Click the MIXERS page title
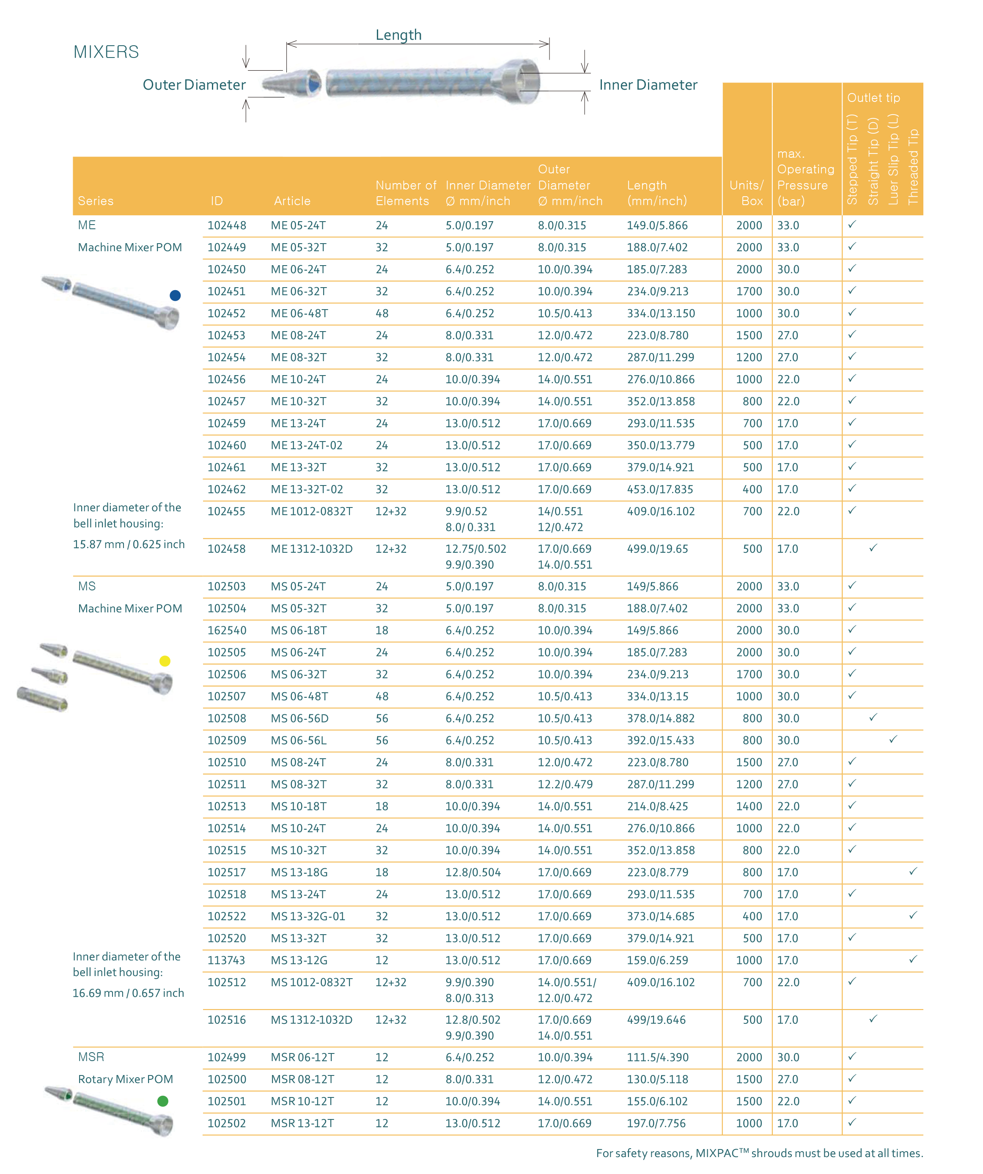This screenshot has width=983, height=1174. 106,52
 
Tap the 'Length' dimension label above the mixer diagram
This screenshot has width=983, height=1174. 398,35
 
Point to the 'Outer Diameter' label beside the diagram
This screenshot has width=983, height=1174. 194,85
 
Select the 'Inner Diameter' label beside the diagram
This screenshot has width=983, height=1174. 648,85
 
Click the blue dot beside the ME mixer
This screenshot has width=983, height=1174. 175,295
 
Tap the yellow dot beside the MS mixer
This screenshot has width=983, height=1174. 165,661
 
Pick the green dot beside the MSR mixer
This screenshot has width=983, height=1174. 163,1101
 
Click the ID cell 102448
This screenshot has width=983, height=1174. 226,225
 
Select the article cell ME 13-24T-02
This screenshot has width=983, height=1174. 306,446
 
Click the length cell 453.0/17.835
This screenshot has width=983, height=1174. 660,489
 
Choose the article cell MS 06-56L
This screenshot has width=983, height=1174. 299,740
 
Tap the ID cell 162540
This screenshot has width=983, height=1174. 226,631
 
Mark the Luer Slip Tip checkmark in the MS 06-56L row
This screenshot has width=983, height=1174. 893,739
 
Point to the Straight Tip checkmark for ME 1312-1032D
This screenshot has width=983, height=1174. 873,548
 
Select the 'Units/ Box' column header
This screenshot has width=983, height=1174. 747,193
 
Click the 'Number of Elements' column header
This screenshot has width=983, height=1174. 405,193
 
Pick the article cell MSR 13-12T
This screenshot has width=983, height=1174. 302,1123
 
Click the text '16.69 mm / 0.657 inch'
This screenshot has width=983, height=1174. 128,993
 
